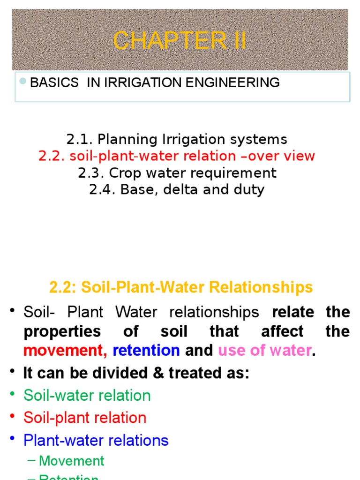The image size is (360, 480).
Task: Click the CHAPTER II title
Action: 180,41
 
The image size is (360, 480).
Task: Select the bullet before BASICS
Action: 22,82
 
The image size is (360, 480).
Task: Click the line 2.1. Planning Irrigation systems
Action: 177,139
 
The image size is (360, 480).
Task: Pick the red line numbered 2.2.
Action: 177,156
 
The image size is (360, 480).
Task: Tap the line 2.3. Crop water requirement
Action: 177,173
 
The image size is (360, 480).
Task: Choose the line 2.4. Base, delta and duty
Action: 177,190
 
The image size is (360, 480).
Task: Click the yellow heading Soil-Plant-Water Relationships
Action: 181,287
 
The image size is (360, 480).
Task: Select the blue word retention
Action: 146,350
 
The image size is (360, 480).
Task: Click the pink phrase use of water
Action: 264,350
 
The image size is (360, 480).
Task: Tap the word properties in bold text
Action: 62,331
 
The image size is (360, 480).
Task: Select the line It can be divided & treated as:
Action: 136,374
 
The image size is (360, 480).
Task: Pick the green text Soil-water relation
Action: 87,396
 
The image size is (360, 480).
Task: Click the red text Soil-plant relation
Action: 85,418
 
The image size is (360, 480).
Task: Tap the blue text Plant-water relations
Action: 96,440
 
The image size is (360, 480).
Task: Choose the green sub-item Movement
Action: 72,461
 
